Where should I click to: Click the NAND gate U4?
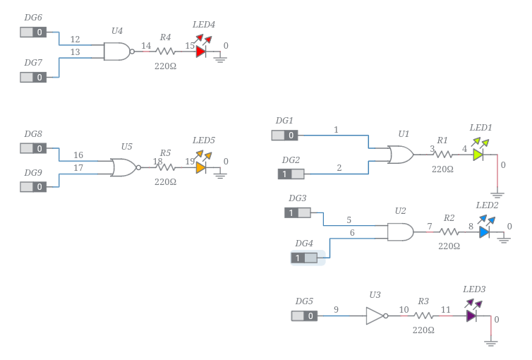tap(117, 51)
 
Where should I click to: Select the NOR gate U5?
tap(124, 167)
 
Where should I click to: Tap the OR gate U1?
tap(401, 155)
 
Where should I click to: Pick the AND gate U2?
tap(400, 232)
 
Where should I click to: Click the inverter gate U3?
tap(375, 316)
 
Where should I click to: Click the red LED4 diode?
tap(200, 51)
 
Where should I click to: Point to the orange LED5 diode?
tap(201, 167)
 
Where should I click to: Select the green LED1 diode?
tap(478, 155)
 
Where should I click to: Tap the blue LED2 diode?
tap(484, 232)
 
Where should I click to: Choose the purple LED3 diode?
tap(471, 316)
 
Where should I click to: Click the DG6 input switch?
tap(33, 32)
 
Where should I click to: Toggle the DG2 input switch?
tap(291, 174)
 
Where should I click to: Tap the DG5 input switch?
tap(305, 316)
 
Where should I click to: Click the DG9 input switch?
tap(33, 186)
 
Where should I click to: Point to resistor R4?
tap(166, 51)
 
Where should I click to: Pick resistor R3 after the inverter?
tap(423, 316)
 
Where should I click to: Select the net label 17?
tap(78, 168)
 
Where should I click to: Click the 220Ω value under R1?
tap(442, 169)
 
